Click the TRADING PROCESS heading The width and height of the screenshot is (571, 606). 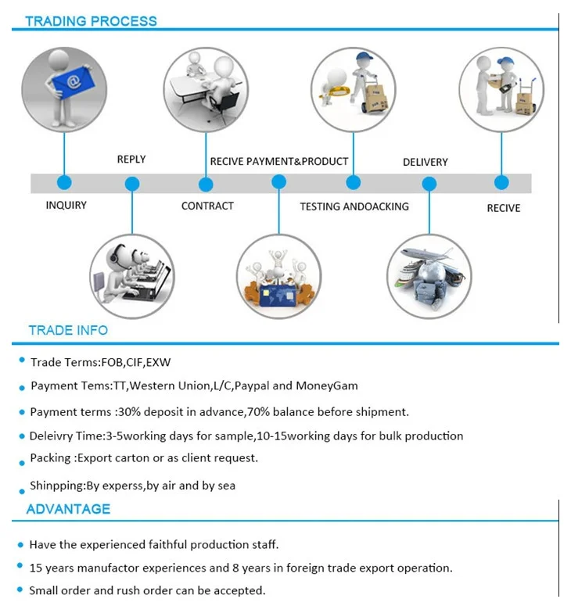pos(91,21)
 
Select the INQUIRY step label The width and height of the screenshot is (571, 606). pos(66,205)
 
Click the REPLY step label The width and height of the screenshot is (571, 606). pos(131,160)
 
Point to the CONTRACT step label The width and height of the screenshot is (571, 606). pos(207,206)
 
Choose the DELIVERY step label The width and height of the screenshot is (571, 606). pos(425,162)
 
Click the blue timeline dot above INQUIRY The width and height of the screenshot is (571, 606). pos(64,182)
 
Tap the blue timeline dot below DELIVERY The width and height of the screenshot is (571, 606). pos(429,185)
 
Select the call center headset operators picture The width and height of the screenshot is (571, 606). pos(132,275)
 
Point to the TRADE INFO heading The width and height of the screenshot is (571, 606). pos(68,330)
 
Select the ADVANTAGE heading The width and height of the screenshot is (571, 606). pos(68,509)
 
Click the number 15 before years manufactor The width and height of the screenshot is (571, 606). pos(36,568)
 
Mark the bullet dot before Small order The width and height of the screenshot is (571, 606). pos(20,590)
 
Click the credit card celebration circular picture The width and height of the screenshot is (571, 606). pos(278,275)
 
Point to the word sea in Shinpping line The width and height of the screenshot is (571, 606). pos(226,486)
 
